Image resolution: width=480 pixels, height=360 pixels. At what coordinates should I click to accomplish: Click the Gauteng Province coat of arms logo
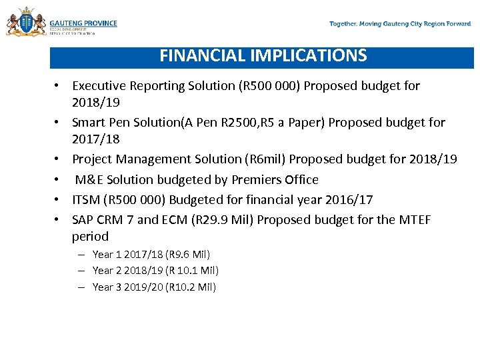[25, 23]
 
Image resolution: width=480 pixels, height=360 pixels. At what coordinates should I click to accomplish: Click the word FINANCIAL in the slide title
[203, 56]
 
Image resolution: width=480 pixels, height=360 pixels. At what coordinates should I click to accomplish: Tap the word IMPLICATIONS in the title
[309, 56]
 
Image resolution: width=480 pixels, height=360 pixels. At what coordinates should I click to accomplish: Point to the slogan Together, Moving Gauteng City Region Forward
[400, 24]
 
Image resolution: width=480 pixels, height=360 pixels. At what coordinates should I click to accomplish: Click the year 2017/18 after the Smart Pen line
[95, 139]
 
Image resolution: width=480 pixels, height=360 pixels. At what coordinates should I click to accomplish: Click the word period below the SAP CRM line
[90, 237]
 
